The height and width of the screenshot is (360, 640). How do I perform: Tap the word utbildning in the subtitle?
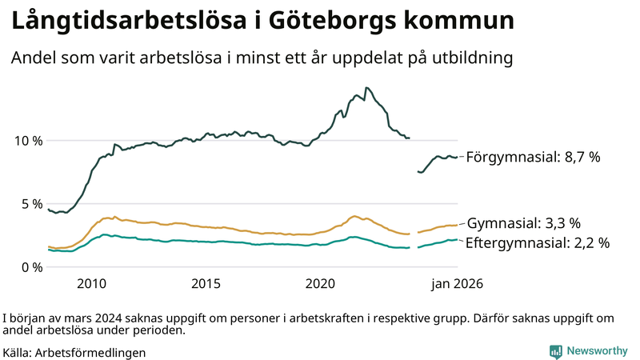[x=472, y=58]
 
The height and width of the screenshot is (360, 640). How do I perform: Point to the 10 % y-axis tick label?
[x=27, y=141]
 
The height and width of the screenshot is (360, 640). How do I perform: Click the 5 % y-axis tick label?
[x=30, y=204]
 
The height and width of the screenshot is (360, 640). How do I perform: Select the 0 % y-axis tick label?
[x=30, y=267]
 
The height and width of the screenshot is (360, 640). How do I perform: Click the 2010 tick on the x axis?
[x=91, y=284]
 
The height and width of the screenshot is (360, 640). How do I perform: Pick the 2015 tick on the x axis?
[x=206, y=284]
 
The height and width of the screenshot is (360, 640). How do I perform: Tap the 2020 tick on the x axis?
[x=321, y=284]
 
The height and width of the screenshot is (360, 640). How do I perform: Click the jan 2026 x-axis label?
[x=458, y=284]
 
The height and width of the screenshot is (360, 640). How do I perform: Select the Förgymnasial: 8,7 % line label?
[x=533, y=158]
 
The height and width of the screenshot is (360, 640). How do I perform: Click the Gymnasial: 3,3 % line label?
[x=523, y=223]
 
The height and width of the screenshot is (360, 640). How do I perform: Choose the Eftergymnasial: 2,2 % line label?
[x=537, y=242]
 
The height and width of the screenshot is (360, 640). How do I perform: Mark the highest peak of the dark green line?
[x=366, y=88]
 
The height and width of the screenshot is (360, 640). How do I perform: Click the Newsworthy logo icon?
[x=555, y=350]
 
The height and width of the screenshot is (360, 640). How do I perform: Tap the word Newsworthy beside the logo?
[x=597, y=350]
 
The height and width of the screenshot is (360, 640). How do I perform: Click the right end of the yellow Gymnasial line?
[x=457, y=225]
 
